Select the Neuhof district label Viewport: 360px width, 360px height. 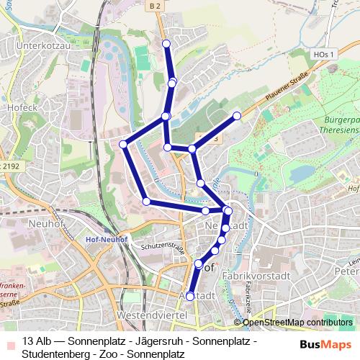pyautogui.click(x=46, y=223)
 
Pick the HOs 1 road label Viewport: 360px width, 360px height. pyautogui.click(x=325, y=54)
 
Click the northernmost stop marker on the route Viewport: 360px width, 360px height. pyautogui.click(x=167, y=44)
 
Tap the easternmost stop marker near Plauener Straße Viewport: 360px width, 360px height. pyautogui.click(x=237, y=115)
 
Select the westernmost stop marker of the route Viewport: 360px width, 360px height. pyautogui.click(x=123, y=145)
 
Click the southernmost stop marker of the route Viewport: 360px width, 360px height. pyautogui.click(x=190, y=296)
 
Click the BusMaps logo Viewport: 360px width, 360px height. pyautogui.click(x=325, y=343)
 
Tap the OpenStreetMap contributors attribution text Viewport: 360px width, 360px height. pyautogui.click(x=297, y=323)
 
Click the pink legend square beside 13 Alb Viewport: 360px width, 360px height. pyautogui.click(x=9, y=341)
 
